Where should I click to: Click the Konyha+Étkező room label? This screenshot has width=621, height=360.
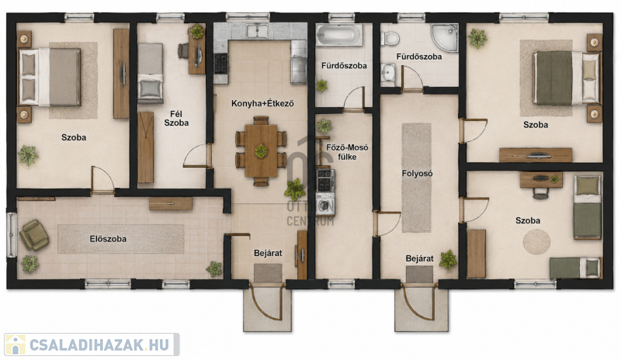[x=262, y=104]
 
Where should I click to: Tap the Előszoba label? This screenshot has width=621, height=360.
[x=108, y=239]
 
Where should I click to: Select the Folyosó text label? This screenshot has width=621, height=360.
[x=417, y=174]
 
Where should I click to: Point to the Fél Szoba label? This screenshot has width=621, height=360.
[x=176, y=119]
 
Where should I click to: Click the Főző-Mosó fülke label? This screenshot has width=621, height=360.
[x=347, y=152]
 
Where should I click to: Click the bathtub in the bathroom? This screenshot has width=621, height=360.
[x=339, y=35]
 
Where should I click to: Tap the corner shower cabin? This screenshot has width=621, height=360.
[x=444, y=37]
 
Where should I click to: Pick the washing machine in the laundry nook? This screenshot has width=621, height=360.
[x=325, y=204]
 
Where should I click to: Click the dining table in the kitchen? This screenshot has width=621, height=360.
[x=261, y=151]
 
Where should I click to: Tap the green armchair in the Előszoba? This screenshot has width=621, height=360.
[x=34, y=235]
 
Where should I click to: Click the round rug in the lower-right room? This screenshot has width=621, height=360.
[x=536, y=241]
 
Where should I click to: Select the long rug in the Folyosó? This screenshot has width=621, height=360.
[x=417, y=178]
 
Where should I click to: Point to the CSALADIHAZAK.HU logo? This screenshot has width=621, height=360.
[x=92, y=344]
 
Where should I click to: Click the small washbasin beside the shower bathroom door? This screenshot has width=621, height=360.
[x=388, y=73]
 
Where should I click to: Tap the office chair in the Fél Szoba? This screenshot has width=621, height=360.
[x=182, y=50]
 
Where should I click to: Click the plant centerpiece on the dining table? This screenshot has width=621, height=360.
[x=261, y=151]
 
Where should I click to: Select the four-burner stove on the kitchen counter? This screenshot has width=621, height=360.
[x=221, y=64]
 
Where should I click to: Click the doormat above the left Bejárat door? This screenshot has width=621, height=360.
[x=268, y=273]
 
